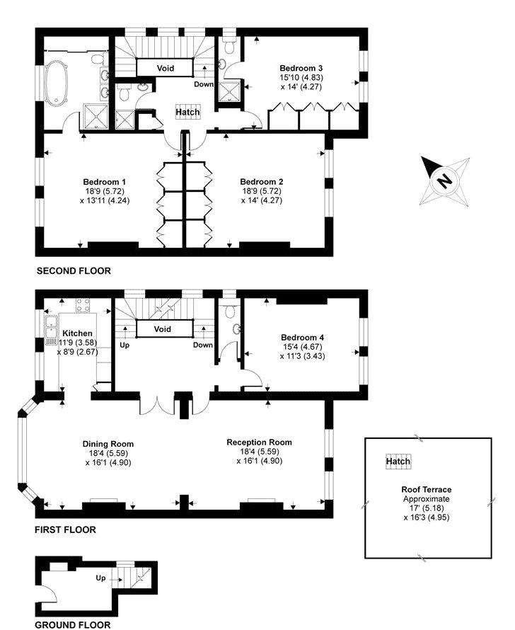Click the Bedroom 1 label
tap(105, 182)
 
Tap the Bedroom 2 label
tap(261, 182)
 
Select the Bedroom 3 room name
tap(301, 68)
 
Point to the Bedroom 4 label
tap(302, 338)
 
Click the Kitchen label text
tap(78, 333)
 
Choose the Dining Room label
tap(108, 444)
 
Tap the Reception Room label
tap(260, 442)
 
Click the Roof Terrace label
tap(427, 489)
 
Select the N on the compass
tap(444, 181)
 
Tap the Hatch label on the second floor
tap(187, 112)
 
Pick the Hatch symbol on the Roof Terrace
tap(398, 462)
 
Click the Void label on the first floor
tap(163, 329)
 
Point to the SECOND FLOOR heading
tap(74, 271)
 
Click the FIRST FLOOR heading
tap(65, 530)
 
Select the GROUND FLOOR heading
tap(72, 625)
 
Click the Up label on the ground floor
tap(100, 578)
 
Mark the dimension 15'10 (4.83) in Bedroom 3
tap(301, 78)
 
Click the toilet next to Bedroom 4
tap(230, 311)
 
